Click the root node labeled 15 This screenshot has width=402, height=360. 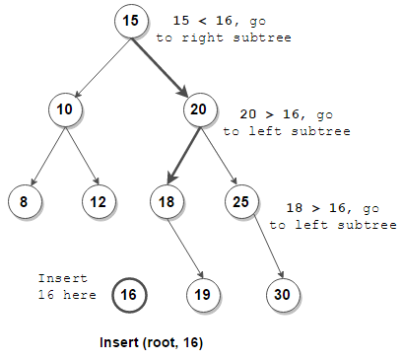point(130,21)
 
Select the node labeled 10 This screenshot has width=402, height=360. point(64,109)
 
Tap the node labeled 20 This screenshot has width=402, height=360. point(199,109)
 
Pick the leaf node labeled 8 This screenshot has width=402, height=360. point(24,202)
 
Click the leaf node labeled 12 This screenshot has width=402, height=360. point(98,202)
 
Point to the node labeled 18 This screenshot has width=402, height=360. point(166,202)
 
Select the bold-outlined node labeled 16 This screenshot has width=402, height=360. point(129,294)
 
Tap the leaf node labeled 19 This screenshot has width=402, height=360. point(203,294)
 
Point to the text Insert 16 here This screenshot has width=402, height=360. point(67,287)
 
